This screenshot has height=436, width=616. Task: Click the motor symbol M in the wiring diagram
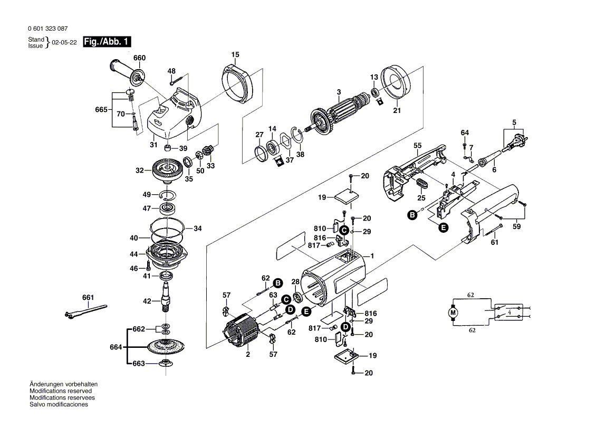tap(453, 313)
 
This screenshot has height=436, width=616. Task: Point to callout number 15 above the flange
tap(235, 54)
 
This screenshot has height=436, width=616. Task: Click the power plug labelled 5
tap(515, 144)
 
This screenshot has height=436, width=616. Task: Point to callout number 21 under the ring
tap(397, 111)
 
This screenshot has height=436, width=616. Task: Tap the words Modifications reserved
tap(60, 391)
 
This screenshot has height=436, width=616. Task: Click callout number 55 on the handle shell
tap(418, 145)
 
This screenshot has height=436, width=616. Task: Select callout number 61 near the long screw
tap(494, 242)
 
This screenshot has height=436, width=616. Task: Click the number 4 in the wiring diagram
tap(509, 312)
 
